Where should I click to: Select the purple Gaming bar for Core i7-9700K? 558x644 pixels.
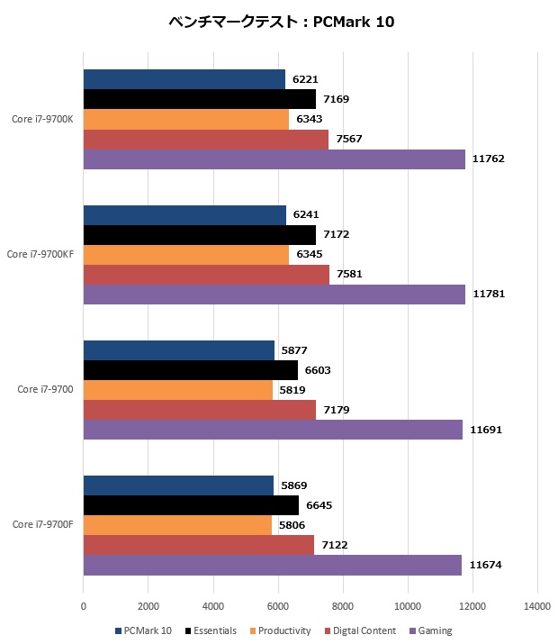coord(274,159)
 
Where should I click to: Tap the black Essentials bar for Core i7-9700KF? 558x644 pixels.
coord(200,235)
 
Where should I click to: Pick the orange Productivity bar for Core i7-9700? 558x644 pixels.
coord(178,390)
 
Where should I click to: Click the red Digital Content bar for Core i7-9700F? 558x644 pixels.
coord(199,545)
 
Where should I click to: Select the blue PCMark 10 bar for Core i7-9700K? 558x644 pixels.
coord(184,79)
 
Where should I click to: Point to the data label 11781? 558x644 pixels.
coord(489,295)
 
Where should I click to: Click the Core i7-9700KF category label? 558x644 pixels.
coord(40,255)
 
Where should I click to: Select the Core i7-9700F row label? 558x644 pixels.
coord(43,524)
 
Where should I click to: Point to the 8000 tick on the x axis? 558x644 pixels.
coord(343,606)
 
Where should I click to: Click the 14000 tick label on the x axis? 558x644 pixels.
coord(537,606)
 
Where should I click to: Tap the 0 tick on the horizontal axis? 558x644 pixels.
coord(84,606)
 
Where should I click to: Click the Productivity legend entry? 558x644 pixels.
coord(281,630)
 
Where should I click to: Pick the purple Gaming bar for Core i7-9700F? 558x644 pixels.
coord(273,565)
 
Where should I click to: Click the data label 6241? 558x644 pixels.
coord(307,215)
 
